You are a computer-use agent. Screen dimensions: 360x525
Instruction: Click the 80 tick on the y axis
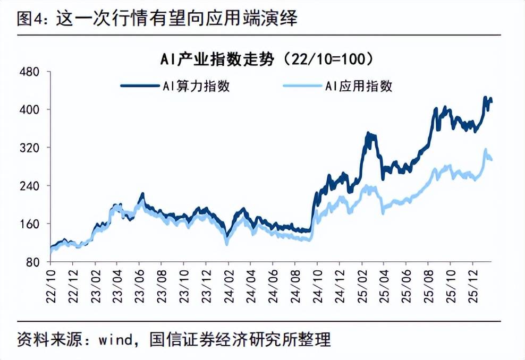pyautogui.click(x=33, y=262)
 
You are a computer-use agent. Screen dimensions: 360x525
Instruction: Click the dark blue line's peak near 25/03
pyautogui.click(x=368, y=134)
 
